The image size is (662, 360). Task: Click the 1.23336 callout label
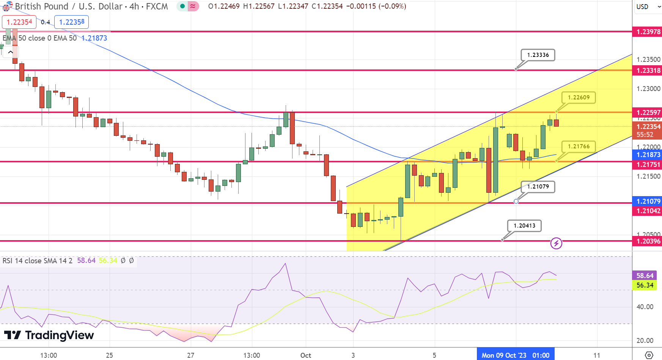(x=538, y=55)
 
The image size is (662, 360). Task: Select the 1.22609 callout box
(x=579, y=97)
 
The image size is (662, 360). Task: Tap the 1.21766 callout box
(x=579, y=146)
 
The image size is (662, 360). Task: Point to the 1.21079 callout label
(x=538, y=187)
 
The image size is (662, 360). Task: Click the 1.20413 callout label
(x=524, y=226)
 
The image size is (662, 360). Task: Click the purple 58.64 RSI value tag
(x=645, y=276)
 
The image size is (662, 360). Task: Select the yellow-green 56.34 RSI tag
(x=645, y=285)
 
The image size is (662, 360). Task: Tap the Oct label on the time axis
(x=305, y=355)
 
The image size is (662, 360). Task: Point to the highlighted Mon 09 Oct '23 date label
(x=515, y=355)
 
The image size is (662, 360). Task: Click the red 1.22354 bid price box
(x=19, y=22)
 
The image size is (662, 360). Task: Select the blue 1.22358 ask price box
(x=72, y=22)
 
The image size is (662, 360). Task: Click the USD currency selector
(x=647, y=7)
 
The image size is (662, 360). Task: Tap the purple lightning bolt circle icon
(x=556, y=243)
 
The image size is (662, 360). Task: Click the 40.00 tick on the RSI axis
(x=645, y=307)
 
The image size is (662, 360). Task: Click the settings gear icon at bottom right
(x=649, y=355)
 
